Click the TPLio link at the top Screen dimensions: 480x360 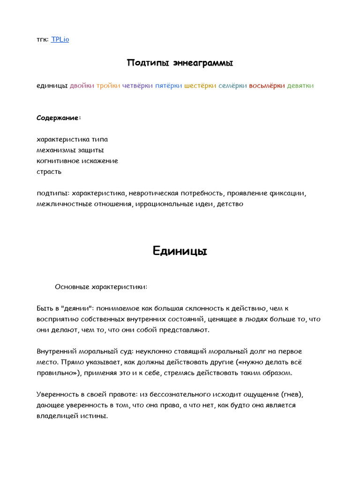60,39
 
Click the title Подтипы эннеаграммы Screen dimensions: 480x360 180,63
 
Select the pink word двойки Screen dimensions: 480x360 82,85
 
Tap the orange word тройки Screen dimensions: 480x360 108,85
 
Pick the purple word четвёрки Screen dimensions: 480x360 137,85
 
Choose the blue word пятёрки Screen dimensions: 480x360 169,85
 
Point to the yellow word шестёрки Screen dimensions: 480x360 200,85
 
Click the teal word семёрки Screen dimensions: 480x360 232,85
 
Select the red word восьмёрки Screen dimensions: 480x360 267,85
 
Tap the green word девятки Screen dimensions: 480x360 300,85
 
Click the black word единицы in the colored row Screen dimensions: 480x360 52,85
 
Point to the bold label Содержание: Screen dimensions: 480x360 59,118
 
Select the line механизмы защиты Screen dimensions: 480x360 70,150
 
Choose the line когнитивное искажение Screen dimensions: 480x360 77,161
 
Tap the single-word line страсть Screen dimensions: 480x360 49,172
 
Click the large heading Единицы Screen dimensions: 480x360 180,251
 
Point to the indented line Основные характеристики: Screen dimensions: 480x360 101,286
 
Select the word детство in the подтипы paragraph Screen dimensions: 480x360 230,204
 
